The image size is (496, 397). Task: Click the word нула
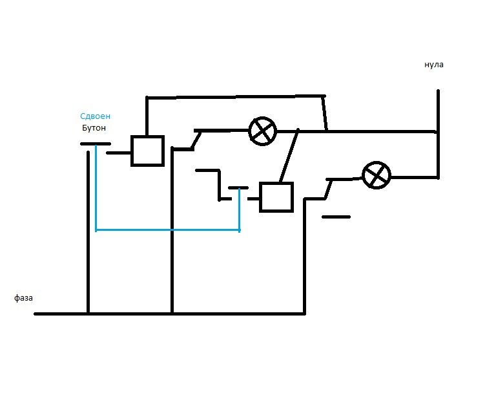(x=434, y=65)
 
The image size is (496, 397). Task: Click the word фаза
(x=23, y=298)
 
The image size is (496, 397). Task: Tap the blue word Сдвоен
(x=95, y=116)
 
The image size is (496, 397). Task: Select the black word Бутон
(x=94, y=128)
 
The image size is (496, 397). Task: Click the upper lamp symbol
(x=262, y=131)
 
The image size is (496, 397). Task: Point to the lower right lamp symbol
(x=377, y=175)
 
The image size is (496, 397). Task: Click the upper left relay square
(x=147, y=151)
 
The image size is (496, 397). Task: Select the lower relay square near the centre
(x=276, y=197)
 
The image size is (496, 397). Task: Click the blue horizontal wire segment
(x=168, y=230)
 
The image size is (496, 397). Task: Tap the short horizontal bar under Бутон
(x=95, y=144)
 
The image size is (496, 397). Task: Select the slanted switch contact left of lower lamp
(x=328, y=189)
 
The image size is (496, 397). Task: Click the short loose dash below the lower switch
(x=336, y=217)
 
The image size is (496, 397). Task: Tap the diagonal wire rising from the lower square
(x=289, y=156)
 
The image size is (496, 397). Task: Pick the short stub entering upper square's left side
(x=119, y=153)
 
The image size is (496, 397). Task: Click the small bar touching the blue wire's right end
(x=238, y=188)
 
